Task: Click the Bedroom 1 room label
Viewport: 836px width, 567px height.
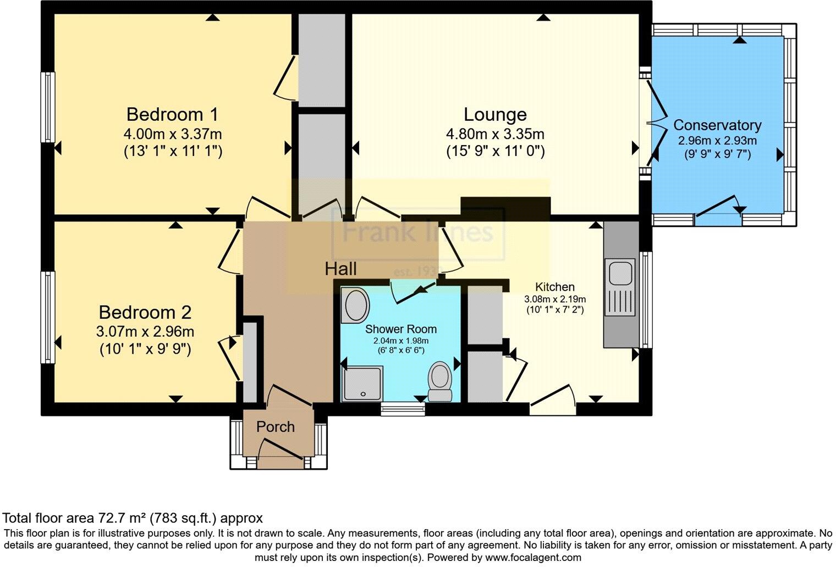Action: click(x=172, y=114)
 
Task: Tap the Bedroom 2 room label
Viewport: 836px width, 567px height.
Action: click(x=145, y=313)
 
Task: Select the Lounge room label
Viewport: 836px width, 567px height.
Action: click(x=495, y=114)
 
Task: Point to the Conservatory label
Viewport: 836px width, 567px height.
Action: click(x=717, y=125)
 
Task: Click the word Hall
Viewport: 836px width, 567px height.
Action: click(x=340, y=269)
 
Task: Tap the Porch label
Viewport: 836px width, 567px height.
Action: click(x=276, y=427)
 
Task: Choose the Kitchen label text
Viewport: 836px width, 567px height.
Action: click(x=555, y=287)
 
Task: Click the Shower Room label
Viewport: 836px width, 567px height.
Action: click(x=401, y=329)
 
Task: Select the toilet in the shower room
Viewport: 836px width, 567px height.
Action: click(x=439, y=381)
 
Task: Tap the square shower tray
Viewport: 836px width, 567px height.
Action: click(x=361, y=383)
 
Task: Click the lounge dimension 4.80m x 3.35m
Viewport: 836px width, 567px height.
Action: click(x=495, y=134)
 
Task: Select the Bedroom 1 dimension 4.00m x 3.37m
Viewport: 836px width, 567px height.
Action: click(x=173, y=134)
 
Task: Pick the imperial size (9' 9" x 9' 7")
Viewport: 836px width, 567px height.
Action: click(x=717, y=154)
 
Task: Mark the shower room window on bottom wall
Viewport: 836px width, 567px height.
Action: click(x=403, y=408)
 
